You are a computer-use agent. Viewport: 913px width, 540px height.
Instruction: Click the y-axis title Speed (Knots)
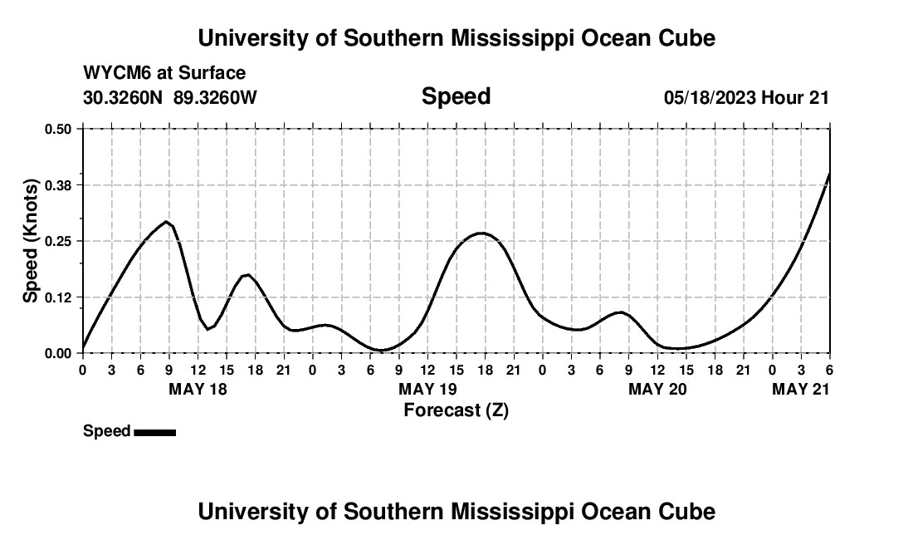31,241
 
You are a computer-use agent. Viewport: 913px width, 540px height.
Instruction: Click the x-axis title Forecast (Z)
456,410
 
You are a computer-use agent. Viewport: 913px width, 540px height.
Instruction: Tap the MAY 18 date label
198,389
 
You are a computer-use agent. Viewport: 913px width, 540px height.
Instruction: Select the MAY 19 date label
427,389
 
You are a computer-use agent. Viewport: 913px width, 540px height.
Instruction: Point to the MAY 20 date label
657,389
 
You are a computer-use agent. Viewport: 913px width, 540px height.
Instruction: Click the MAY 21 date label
801,389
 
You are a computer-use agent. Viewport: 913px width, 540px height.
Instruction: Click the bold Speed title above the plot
456,96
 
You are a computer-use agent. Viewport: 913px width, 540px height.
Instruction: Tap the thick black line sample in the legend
154,432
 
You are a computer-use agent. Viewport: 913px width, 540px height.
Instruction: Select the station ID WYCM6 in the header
112,73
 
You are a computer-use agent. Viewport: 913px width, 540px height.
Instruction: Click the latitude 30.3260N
124,97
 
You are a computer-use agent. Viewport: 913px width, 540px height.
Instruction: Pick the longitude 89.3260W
215,97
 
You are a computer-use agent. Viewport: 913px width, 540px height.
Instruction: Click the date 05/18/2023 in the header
710,97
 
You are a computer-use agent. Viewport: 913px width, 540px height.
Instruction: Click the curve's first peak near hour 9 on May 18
167,222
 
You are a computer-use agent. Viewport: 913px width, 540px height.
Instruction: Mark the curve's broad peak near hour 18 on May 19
481,233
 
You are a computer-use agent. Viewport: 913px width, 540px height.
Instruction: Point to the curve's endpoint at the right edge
829,174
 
